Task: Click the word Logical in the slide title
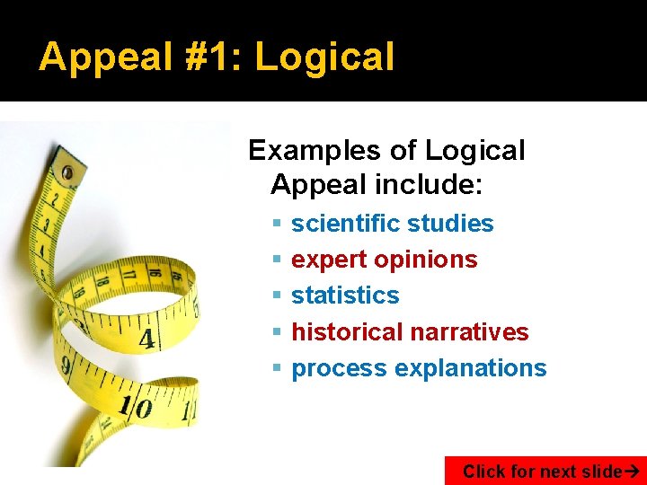coord(324,57)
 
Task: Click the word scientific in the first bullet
coord(345,223)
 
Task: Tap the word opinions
coord(425,260)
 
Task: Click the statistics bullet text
coord(345,295)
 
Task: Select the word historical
coord(347,331)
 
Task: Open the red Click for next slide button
coord(545,471)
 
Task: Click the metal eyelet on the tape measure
coord(66,171)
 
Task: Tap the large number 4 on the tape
coord(146,340)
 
